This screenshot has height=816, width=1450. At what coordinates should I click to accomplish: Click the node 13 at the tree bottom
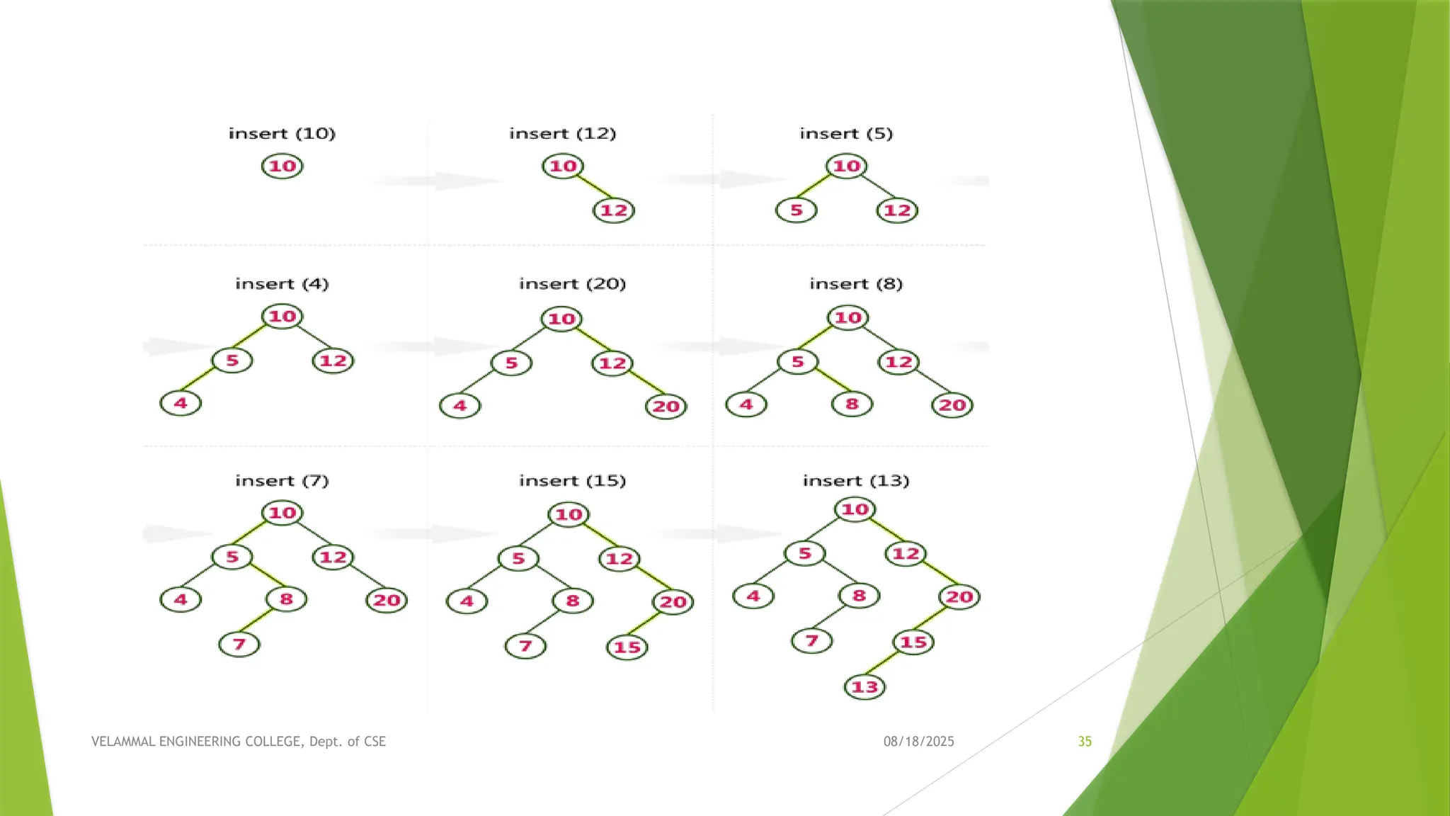click(x=864, y=686)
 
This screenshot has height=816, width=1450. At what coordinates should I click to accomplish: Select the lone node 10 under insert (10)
click(x=282, y=166)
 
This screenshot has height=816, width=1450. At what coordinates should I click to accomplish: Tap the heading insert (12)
click(x=563, y=133)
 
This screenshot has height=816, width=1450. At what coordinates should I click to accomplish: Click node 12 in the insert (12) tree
click(x=614, y=210)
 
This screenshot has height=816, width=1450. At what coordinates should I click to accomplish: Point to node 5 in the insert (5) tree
click(x=797, y=210)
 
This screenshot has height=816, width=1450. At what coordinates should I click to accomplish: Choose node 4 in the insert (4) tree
click(x=181, y=403)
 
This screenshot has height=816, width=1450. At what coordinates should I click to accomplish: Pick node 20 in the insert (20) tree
click(x=666, y=406)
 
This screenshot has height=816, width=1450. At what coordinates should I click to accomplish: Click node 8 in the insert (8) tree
click(x=852, y=404)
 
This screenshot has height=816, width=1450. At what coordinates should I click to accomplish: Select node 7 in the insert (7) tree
click(x=239, y=644)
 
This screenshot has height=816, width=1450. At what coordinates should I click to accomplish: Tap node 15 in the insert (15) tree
click(x=627, y=647)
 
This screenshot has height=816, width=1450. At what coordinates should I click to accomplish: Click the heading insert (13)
click(x=856, y=480)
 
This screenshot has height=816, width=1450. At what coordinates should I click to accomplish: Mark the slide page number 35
click(x=1085, y=742)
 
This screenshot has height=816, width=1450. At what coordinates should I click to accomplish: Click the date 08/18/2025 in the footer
click(x=918, y=742)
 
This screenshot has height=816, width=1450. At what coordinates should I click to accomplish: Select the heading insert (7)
click(x=282, y=480)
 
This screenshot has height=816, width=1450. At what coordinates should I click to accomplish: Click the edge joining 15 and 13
click(x=885, y=666)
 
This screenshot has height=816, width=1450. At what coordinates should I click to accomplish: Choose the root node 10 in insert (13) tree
click(x=855, y=509)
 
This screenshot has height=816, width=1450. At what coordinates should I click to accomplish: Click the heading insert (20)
click(x=573, y=283)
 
